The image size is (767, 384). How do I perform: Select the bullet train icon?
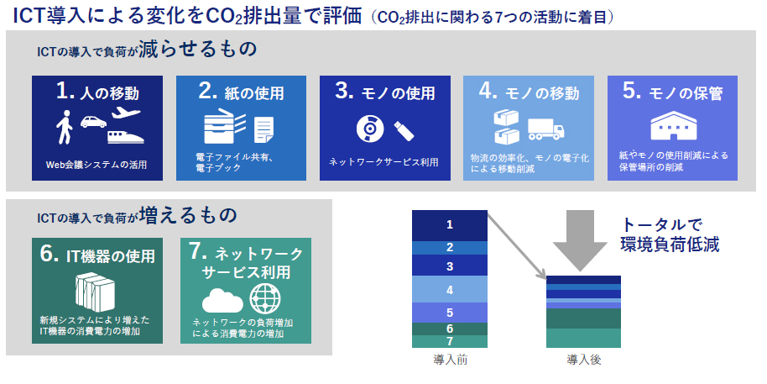pyautogui.click(x=126, y=135)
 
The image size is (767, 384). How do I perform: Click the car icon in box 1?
pyautogui.click(x=93, y=122)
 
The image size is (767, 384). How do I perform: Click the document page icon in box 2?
pyautogui.click(x=263, y=129)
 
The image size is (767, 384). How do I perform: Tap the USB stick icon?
pyautogui.click(x=404, y=131)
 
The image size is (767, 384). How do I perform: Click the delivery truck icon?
pyautogui.click(x=546, y=129)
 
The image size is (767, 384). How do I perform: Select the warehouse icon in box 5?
pyautogui.click(x=672, y=127)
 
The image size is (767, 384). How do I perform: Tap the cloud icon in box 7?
pyautogui.click(x=222, y=300)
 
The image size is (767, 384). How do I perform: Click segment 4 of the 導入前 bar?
pyautogui.click(x=450, y=289)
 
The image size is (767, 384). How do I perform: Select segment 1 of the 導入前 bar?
pyautogui.click(x=450, y=225)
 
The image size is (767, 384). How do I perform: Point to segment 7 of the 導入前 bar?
pyautogui.click(x=450, y=341)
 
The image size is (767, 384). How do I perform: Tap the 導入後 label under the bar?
pyautogui.click(x=583, y=360)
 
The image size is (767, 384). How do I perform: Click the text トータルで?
pyautogui.click(x=662, y=225)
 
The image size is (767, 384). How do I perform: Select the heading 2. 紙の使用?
pyautogui.click(x=241, y=92)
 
